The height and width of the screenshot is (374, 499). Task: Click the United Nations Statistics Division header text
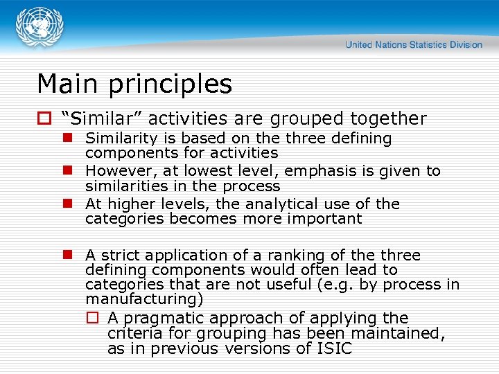click(x=414, y=44)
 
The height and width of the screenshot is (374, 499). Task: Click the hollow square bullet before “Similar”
click(x=44, y=120)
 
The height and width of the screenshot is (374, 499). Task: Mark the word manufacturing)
click(x=144, y=299)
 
